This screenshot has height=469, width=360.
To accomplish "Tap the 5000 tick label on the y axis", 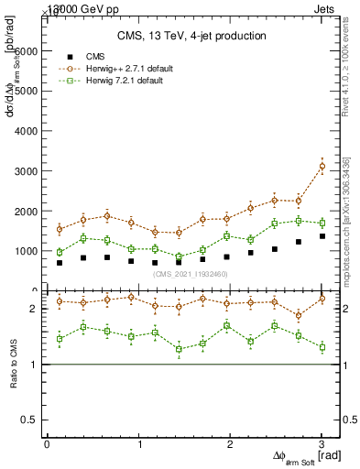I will tap(27, 92).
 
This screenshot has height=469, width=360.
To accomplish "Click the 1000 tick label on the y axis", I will tap(27, 251).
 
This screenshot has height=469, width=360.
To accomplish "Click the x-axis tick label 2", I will tap(230, 444).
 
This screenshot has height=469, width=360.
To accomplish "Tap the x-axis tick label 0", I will tap(47, 444).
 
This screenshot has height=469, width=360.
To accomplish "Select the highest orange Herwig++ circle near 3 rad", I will tap(322, 166).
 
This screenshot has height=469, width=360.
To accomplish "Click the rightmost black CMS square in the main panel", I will tap(322, 236).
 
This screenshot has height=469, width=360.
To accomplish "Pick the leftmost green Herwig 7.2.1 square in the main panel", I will tap(60, 252).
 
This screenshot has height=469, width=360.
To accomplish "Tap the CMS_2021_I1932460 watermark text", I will tap(191, 274).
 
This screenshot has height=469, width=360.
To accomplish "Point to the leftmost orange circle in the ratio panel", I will tap(60, 300).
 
